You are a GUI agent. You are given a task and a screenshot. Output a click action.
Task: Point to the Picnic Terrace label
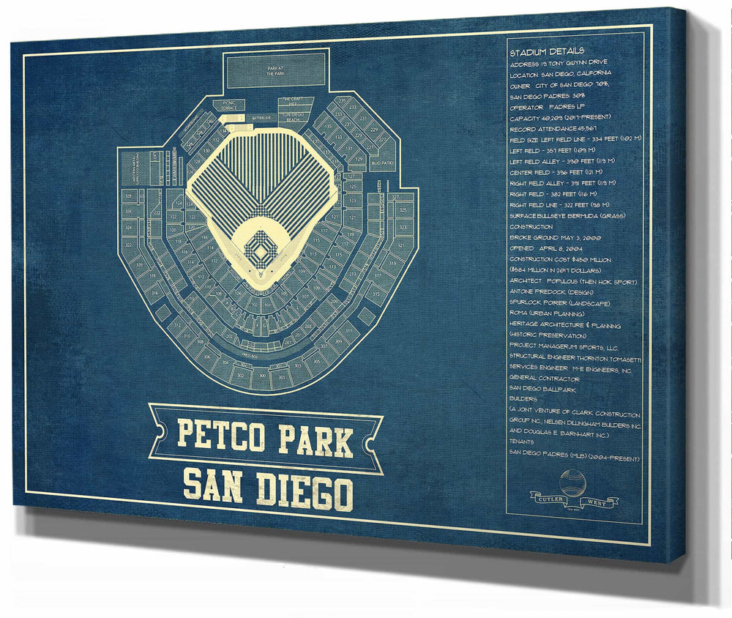pos(228,105)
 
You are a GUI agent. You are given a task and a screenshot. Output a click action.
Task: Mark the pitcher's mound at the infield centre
pos(261,250)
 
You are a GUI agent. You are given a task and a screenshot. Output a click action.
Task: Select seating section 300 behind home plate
pos(261,375)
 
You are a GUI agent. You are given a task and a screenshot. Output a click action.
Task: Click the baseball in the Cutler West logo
pos(572,483)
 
